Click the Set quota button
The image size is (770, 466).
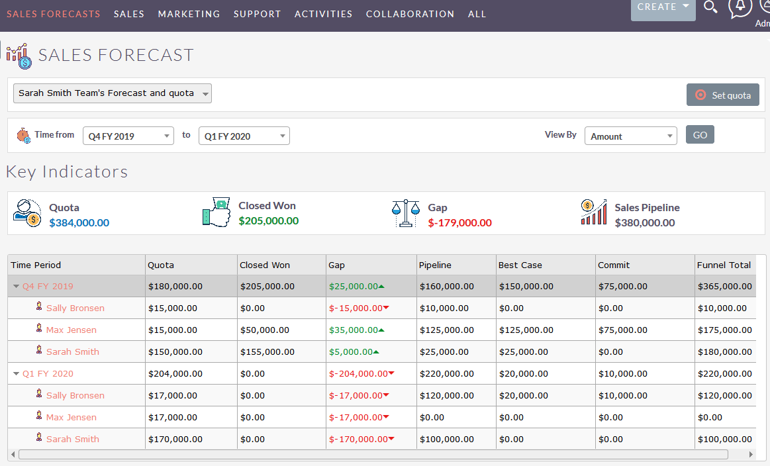(x=722, y=95)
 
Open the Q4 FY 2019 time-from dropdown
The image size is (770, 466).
(x=128, y=136)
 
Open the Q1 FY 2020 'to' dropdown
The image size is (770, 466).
(x=244, y=136)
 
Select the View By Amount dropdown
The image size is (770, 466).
(x=630, y=136)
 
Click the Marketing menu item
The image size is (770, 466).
(x=189, y=14)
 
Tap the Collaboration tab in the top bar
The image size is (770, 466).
(x=410, y=14)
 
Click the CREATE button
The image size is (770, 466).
(x=663, y=7)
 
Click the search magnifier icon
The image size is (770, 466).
(x=710, y=7)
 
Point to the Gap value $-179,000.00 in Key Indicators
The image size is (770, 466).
(x=459, y=223)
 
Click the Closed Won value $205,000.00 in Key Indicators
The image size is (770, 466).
(x=268, y=221)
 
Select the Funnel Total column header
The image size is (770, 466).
(x=724, y=265)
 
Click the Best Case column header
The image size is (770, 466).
(x=520, y=265)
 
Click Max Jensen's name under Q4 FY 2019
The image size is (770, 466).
(x=72, y=330)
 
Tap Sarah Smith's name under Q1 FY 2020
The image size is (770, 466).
(x=73, y=440)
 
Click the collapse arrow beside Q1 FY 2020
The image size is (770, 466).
(x=17, y=374)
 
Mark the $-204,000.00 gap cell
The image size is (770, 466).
(x=358, y=374)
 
